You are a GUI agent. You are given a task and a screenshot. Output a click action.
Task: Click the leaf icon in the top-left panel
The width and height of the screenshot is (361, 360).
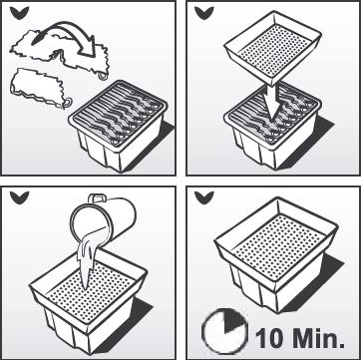click(19, 12)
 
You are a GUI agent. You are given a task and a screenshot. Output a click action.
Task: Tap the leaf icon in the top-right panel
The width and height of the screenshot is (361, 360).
click(204, 12)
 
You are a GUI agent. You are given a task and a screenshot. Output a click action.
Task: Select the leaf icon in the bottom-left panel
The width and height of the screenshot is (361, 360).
click(19, 197)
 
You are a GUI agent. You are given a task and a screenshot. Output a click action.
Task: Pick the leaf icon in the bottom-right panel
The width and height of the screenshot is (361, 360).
click(204, 197)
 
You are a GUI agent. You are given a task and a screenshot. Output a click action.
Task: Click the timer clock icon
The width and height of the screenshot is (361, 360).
click(225, 331)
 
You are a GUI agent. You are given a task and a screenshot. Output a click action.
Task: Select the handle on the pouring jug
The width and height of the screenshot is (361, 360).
click(96, 198)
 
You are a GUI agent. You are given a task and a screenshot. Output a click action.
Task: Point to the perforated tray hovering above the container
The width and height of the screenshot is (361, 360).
click(273, 47)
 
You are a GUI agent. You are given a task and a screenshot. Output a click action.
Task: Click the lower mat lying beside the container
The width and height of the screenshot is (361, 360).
click(38, 88)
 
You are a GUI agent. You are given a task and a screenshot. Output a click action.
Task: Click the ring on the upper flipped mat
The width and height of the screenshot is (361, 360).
click(103, 76)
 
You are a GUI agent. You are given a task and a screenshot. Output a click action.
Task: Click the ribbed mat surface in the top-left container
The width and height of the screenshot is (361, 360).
click(118, 113)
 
